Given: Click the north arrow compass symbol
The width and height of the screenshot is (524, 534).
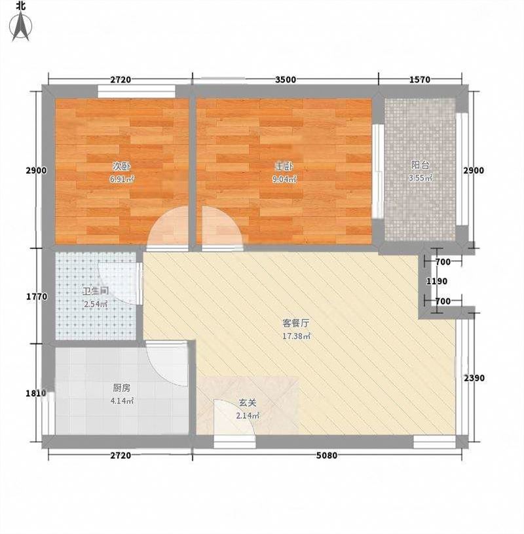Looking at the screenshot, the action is [x=20, y=26].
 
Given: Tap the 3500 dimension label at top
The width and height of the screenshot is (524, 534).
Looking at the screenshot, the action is [x=286, y=80].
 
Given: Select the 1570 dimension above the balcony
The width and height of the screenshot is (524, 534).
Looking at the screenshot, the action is [x=420, y=80].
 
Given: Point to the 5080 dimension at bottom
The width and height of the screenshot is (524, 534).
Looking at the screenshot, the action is [x=327, y=455].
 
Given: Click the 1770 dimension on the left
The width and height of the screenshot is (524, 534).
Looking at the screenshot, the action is [x=37, y=297].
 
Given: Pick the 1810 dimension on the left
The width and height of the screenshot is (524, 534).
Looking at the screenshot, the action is [x=36, y=393].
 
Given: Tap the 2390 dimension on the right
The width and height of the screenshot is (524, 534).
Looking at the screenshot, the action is [x=474, y=378].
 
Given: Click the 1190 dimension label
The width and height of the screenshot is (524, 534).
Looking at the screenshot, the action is [x=437, y=281].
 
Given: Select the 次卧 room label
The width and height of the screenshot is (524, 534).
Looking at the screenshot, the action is [x=122, y=166].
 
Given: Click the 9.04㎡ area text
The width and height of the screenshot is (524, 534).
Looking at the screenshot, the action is [x=285, y=179].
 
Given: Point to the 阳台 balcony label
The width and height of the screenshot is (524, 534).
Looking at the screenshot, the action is [x=420, y=165].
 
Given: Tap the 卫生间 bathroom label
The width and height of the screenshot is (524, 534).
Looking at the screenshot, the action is [x=96, y=291].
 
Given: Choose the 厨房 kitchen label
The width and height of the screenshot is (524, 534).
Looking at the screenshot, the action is [x=122, y=388].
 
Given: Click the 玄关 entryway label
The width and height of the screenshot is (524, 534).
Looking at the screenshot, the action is [x=247, y=403].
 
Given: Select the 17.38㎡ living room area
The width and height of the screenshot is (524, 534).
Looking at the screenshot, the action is [x=296, y=337].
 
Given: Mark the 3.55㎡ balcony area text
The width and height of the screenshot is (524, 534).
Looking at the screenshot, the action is [x=421, y=178].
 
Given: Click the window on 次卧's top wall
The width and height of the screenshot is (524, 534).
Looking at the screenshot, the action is [x=136, y=91].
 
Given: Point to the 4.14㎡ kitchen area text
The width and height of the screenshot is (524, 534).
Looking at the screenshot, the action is [x=122, y=401].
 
